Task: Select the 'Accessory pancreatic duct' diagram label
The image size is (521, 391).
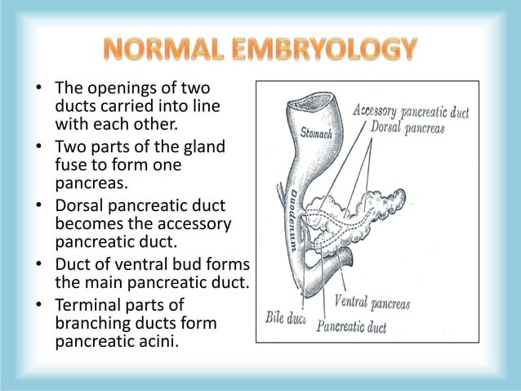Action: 410,113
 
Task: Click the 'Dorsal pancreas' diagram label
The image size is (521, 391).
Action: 407,129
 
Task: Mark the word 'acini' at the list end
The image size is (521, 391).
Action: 158,340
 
